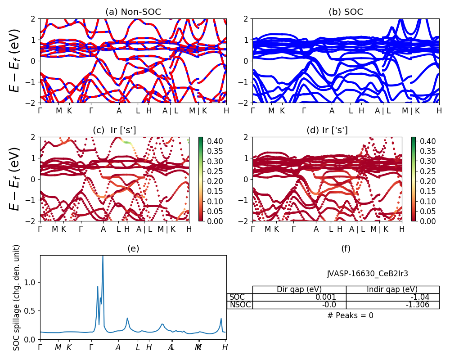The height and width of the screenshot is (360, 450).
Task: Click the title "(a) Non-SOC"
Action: [133, 12]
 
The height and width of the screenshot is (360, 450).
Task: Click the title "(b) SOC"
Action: [346, 12]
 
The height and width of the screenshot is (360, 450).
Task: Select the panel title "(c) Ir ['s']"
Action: [114, 130]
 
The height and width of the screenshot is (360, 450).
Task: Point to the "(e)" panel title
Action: [133, 248]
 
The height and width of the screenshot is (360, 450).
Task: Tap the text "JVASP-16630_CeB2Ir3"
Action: [368, 273]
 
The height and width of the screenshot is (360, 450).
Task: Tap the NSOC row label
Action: [240, 305]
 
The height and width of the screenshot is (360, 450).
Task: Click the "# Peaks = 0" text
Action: [350, 315]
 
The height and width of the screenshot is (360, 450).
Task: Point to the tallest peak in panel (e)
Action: [103, 256]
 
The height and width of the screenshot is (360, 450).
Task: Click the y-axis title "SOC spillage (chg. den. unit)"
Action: [17, 297]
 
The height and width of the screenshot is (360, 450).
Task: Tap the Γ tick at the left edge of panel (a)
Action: [40, 111]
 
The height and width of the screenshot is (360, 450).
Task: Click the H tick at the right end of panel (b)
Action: [439, 111]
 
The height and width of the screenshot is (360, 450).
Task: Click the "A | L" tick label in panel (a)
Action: [170, 111]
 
